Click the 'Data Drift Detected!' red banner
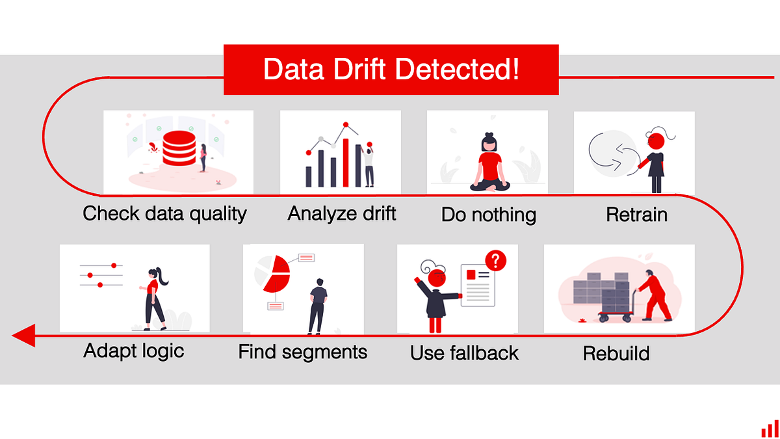391,70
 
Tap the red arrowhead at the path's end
24,336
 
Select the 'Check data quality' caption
164,213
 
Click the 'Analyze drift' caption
342,213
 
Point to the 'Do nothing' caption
488,215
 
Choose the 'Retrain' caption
636,215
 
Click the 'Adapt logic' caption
134,351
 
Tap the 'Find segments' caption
302,353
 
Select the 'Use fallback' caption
464,353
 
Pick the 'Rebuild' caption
616,354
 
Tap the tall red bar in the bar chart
346,162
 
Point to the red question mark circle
495,261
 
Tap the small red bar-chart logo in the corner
770,429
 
